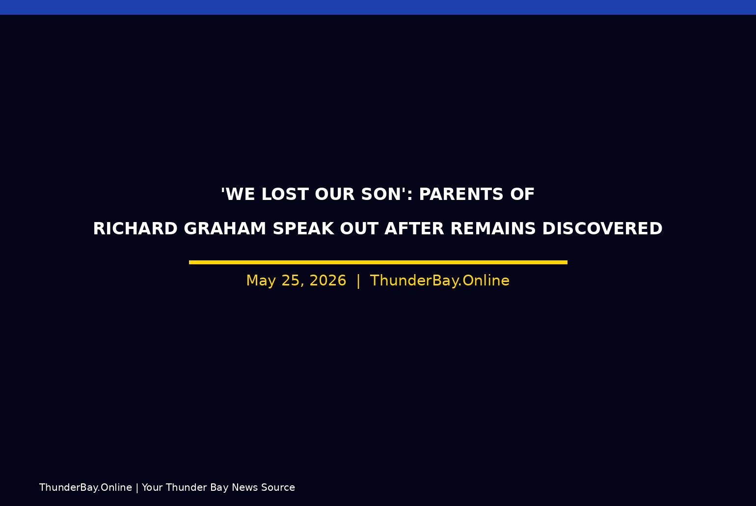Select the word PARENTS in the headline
pos(461,194)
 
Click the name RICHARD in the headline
pos(135,228)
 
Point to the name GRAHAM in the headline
pos(225,228)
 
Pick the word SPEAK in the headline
pos(303,228)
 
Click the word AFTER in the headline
pos(414,228)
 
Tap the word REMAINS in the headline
pos(493,228)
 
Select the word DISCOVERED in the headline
pos(602,228)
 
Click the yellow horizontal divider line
pos(378,262)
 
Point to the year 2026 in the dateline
pos(328,281)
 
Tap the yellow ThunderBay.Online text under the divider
pos(440,281)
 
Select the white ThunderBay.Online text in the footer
pos(86,487)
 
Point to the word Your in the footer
pos(152,487)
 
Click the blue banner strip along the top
pos(378,7)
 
